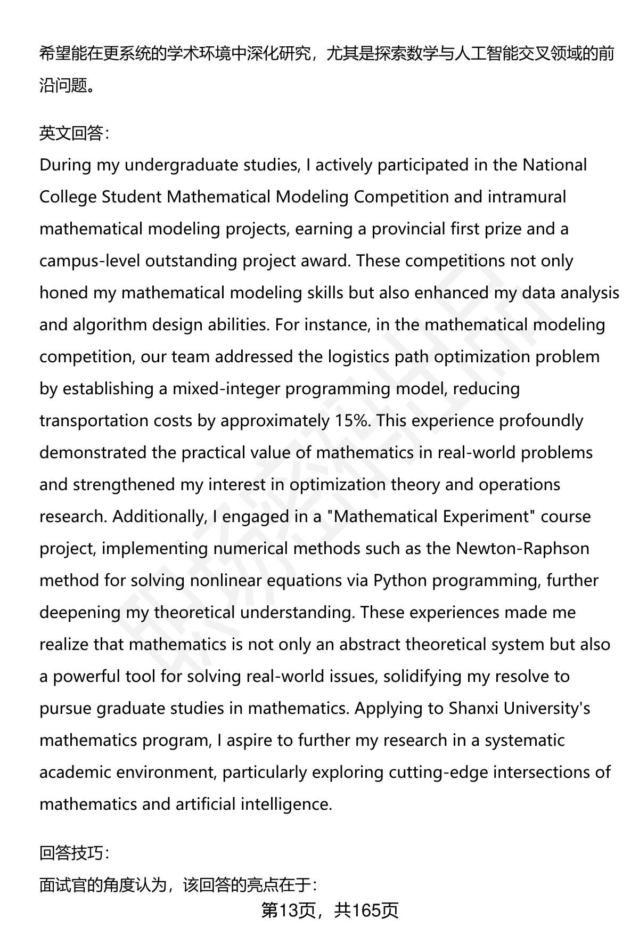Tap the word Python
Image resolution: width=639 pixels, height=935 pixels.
click(x=400, y=580)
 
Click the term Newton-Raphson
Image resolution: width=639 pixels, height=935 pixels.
click(x=522, y=548)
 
